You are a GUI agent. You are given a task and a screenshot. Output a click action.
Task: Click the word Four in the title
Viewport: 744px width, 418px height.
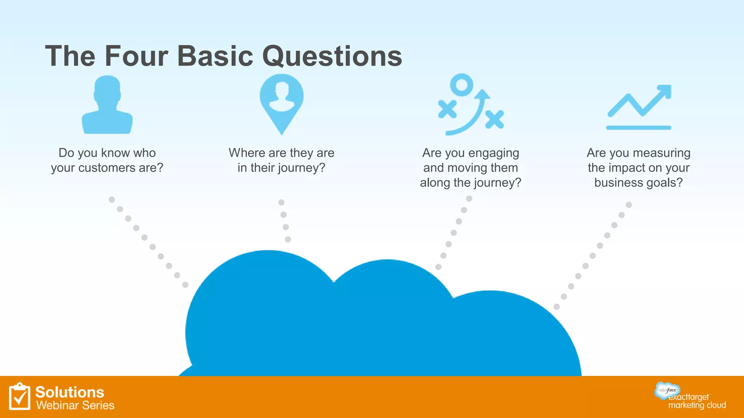coord(136,56)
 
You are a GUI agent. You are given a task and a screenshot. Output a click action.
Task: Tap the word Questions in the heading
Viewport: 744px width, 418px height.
coord(332,57)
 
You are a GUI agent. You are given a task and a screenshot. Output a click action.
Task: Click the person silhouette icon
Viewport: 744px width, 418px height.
coord(107,105)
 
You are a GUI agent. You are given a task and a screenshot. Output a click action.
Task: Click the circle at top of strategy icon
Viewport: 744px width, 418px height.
coord(461,85)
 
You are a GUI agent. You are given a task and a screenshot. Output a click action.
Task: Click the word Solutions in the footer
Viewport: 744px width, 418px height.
coord(70,392)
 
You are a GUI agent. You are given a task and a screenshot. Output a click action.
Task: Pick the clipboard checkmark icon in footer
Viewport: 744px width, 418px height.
coord(20,397)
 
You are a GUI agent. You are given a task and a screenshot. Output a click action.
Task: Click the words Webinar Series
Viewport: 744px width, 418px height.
coord(75,405)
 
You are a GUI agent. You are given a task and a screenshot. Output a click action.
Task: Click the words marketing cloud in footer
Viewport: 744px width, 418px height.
coord(697,405)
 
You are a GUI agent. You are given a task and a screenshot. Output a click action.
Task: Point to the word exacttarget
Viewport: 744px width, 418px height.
coord(689,397)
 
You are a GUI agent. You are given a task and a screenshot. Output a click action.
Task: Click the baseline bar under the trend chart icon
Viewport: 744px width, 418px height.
coord(638,128)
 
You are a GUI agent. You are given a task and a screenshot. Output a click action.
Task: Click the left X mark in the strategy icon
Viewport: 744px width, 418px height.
coord(447,109)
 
